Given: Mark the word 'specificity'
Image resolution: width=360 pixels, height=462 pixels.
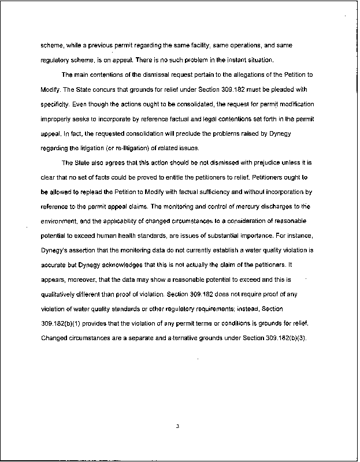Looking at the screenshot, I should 54,105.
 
